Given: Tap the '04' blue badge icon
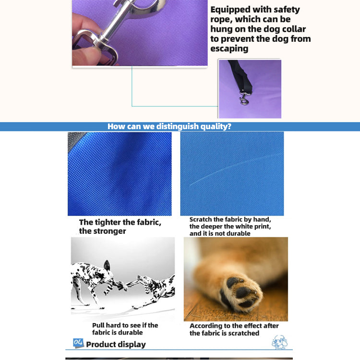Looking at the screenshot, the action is pos(78,343).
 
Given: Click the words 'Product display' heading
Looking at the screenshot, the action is pos(116,344).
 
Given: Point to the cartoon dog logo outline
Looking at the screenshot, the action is pos(279,342).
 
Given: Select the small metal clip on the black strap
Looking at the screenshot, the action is pos(244,98).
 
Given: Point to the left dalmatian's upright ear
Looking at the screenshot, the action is pos(107,265).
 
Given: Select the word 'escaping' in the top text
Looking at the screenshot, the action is pos(229,48).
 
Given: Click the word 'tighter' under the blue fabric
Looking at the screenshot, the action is pos(108,222).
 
